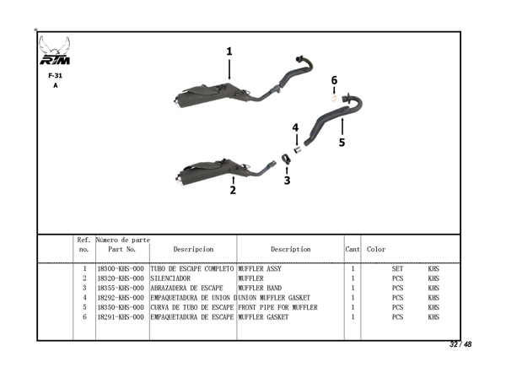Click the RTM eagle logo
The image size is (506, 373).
(56, 53)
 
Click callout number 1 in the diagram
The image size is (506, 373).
(229, 51)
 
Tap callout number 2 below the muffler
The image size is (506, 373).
(233, 190)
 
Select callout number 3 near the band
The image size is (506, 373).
(287, 180)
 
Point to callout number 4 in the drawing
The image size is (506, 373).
(295, 127)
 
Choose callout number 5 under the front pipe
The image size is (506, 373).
(342, 143)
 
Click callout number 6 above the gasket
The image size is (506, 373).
(334, 80)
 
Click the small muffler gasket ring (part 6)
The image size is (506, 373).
(335, 98)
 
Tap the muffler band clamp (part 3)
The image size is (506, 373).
(287, 158)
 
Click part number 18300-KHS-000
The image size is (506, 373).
(120, 269)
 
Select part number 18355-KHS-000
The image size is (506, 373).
(120, 288)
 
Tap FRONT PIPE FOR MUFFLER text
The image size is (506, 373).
(278, 307)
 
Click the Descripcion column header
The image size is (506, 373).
(192, 250)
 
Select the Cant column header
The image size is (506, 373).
(353, 250)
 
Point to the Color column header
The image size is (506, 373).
(376, 250)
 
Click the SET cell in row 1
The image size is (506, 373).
(397, 269)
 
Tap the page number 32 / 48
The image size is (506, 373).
(460, 345)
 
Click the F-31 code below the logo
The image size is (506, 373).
(56, 75)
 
